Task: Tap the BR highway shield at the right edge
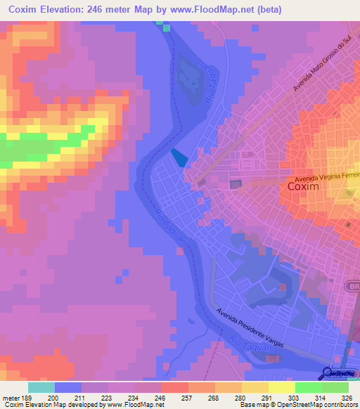354,288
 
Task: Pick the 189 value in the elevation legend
25,398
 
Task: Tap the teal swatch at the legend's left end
41,387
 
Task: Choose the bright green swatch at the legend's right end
335,387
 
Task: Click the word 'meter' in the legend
9,398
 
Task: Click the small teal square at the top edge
167,28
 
